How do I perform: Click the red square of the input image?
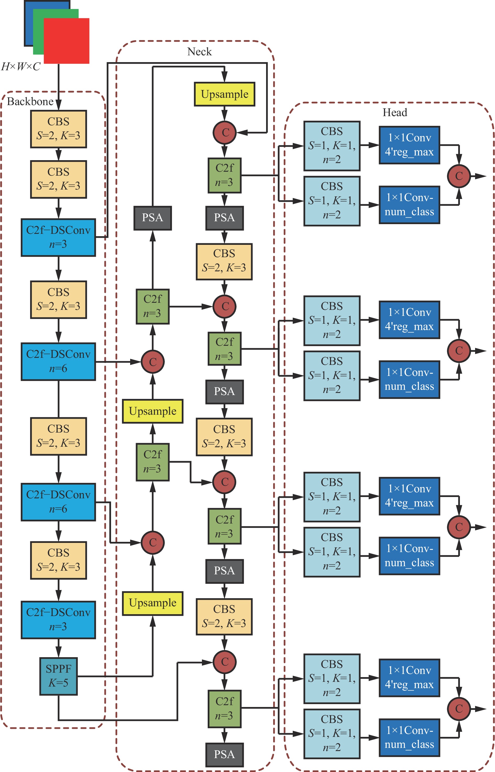tap(67, 41)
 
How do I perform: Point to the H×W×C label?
tap(21, 67)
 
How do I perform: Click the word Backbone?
tap(30, 102)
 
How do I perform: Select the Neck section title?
tap(199, 52)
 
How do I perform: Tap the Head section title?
tap(395, 112)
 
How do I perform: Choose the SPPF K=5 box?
tap(58, 676)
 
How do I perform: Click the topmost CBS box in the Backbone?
tap(58, 129)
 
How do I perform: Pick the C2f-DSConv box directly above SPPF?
tap(58, 619)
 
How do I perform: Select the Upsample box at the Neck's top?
tap(224, 94)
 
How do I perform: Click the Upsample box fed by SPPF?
tap(153, 603)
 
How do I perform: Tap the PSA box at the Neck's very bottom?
tap(224, 754)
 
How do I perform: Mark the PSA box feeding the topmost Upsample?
tap(153, 218)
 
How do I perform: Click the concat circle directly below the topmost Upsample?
tap(224, 132)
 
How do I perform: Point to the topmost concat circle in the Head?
tap(459, 176)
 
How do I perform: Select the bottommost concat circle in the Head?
tap(459, 708)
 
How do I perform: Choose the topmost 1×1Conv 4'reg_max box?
tap(409, 145)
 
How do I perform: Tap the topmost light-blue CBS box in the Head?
tap(332, 146)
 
